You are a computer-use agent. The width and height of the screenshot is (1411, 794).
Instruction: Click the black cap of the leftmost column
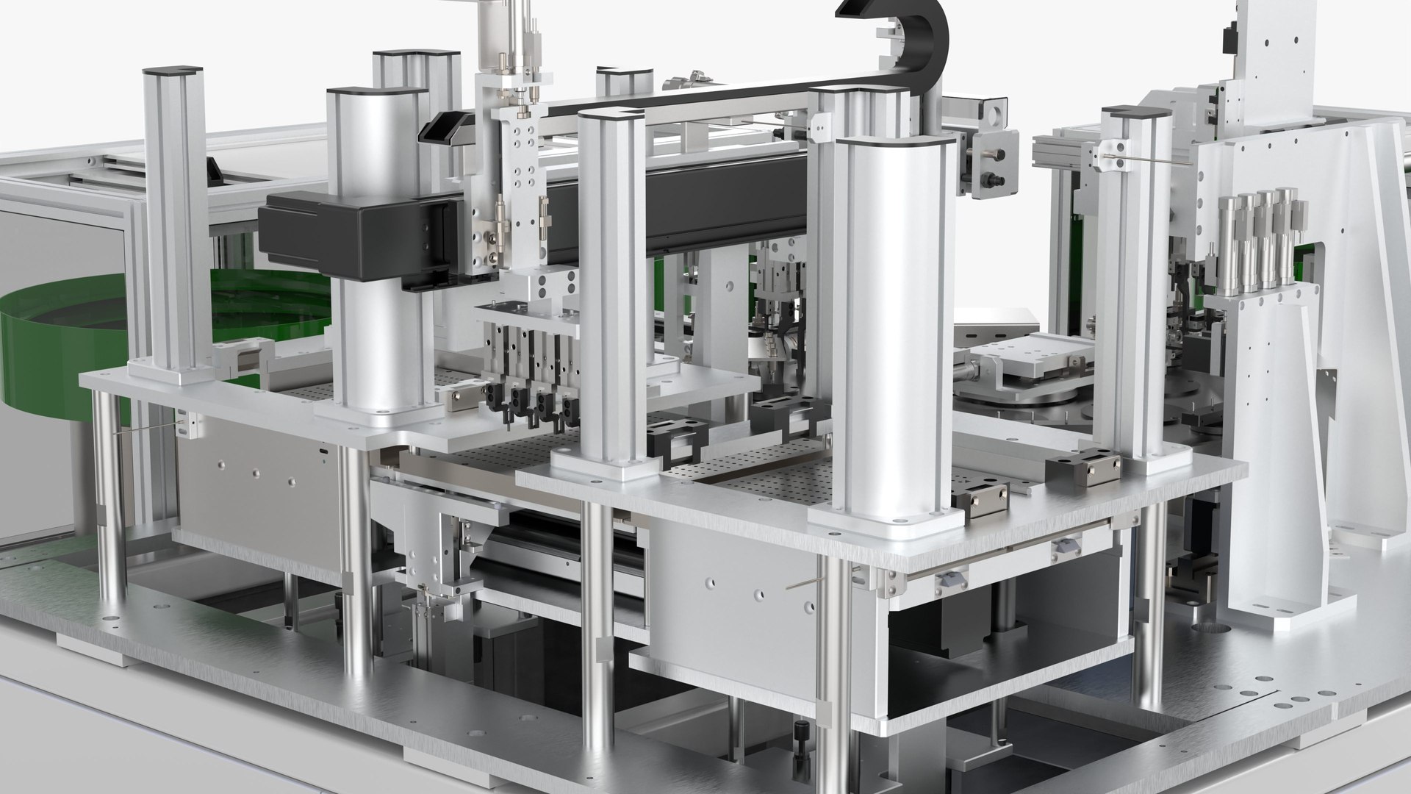(x=170, y=71)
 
